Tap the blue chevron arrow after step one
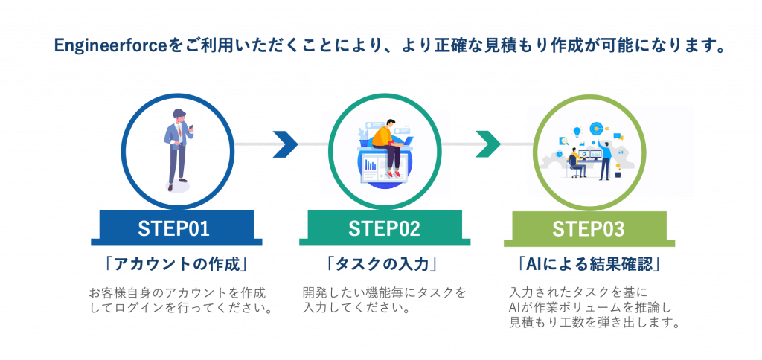click(x=284, y=144)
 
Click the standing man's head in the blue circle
click(x=179, y=115)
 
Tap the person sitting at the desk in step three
click(x=575, y=161)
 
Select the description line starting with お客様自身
click(x=177, y=292)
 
